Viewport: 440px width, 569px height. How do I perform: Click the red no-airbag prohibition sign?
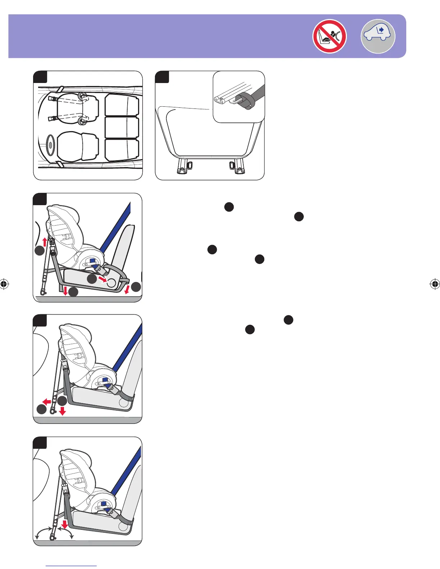click(x=329, y=36)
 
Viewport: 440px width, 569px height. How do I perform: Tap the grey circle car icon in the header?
click(x=377, y=36)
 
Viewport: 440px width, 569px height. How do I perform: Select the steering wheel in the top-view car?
click(x=50, y=145)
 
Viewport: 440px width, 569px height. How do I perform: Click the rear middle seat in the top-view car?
click(x=122, y=127)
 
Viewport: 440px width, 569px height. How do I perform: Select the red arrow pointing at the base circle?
click(x=102, y=279)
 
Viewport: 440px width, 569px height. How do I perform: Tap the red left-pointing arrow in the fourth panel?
click(x=46, y=401)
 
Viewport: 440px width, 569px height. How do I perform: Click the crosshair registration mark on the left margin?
click(x=4, y=284)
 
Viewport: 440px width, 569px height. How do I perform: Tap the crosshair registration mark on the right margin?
click(x=435, y=284)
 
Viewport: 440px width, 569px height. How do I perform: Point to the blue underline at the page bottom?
click(x=71, y=566)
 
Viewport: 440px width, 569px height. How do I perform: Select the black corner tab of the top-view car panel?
click(x=40, y=77)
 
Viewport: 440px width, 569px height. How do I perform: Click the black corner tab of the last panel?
click(x=40, y=443)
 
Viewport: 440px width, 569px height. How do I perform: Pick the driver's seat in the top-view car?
click(x=77, y=145)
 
